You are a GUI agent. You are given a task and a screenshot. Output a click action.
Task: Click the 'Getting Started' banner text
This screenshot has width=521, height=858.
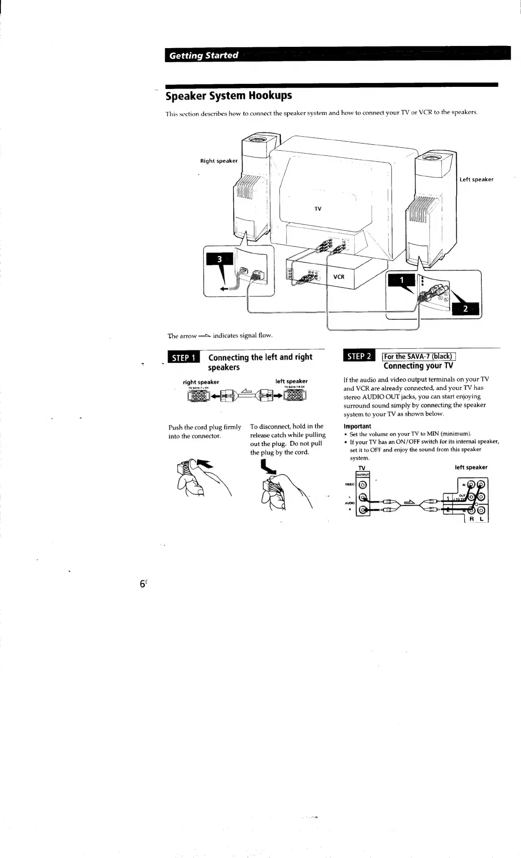pos(203,55)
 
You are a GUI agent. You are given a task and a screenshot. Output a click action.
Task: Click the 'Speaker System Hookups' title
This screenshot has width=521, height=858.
pos(229,95)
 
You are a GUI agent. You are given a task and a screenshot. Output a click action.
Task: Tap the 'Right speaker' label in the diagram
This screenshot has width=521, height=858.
pos(219,161)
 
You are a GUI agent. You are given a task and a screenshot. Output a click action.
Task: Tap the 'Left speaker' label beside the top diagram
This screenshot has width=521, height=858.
pos(476,180)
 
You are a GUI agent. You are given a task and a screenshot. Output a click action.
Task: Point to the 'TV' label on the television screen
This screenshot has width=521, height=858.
pos(318,209)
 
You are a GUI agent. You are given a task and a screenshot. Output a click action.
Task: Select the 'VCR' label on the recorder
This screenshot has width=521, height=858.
pos(338,277)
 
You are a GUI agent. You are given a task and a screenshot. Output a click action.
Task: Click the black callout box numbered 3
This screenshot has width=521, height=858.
pos(219,259)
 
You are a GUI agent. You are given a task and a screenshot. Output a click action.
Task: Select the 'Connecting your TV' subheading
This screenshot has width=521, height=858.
pos(418,366)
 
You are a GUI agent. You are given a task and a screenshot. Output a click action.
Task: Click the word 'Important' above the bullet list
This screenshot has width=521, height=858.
pos(357,426)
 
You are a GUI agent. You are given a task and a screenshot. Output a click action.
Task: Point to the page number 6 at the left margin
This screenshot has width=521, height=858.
pos(142,584)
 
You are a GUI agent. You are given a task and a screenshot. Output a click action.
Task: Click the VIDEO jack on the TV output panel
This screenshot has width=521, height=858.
pos(363,484)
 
